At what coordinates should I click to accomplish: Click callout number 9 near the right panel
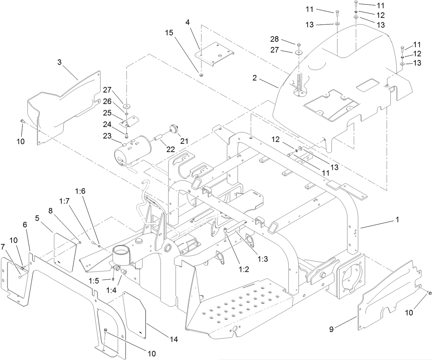point(331,329)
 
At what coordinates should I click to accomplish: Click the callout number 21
point(185,141)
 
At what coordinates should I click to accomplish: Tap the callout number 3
point(59,62)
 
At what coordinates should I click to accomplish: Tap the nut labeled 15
point(201,74)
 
